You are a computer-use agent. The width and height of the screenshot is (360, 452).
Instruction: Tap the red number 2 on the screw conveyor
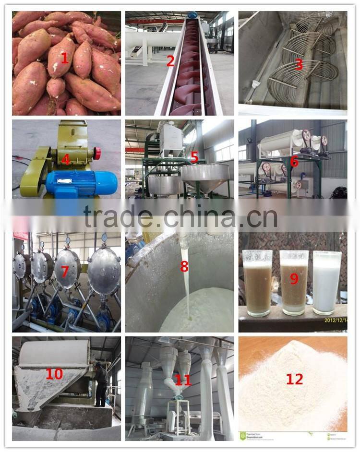(170, 61)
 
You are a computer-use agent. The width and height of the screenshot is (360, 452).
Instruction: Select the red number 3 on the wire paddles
(299, 64)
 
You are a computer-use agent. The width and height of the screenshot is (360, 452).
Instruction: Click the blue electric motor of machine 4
(82, 183)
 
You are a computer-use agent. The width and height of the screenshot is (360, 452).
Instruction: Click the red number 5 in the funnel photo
(194, 157)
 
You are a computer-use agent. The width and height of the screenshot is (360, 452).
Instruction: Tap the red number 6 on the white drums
(294, 162)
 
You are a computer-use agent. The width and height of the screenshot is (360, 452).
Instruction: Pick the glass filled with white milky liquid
(326, 283)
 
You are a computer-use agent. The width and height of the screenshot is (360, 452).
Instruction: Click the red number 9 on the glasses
(294, 278)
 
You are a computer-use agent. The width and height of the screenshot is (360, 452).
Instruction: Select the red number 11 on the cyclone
(183, 381)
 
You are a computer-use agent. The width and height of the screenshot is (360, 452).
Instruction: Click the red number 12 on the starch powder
(294, 379)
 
